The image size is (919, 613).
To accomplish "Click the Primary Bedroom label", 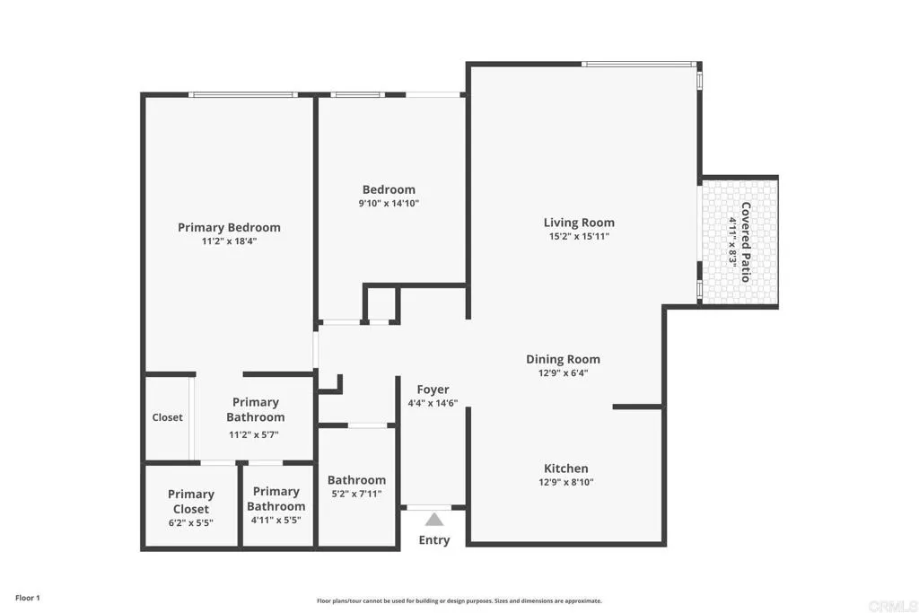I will coord(229,227).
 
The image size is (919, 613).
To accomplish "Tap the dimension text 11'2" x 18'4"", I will coord(229,241).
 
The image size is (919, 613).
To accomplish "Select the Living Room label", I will coord(579,223).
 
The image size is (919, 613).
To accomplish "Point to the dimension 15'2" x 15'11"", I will coord(579,237).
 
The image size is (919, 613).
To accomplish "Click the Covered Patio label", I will coord(746,241).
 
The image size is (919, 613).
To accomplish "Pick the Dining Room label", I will coord(563,359).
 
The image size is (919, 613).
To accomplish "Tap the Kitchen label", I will coord(566,469).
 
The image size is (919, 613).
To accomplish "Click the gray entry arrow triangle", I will coord(434,519).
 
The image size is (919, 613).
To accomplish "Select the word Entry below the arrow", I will coord(434,540).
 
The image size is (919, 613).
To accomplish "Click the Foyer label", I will coord(433,390).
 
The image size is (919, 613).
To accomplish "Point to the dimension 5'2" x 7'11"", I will coord(356,494).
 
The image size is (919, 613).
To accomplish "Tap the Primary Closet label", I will coord(191,501).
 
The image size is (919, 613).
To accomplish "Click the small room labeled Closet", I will coord(167,417).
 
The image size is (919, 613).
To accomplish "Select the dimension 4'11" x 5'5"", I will coord(276,520).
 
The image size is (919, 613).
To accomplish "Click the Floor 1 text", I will coord(28,598).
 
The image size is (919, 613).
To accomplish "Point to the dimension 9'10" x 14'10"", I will coord(389,204).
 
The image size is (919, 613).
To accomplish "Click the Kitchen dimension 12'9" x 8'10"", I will coord(566,483).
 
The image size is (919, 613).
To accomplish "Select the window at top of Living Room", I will coord(639,64).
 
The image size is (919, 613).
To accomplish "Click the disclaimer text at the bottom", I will coord(459,601).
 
